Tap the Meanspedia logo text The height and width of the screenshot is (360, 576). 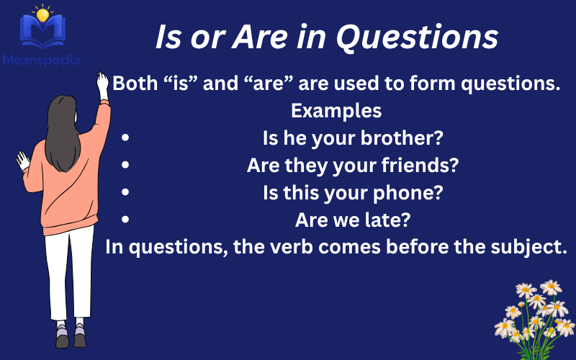40,60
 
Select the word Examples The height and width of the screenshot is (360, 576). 336,112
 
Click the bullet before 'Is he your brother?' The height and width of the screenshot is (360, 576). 126,138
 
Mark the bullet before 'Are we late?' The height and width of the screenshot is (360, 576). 126,219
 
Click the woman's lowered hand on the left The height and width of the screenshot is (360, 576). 23,159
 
